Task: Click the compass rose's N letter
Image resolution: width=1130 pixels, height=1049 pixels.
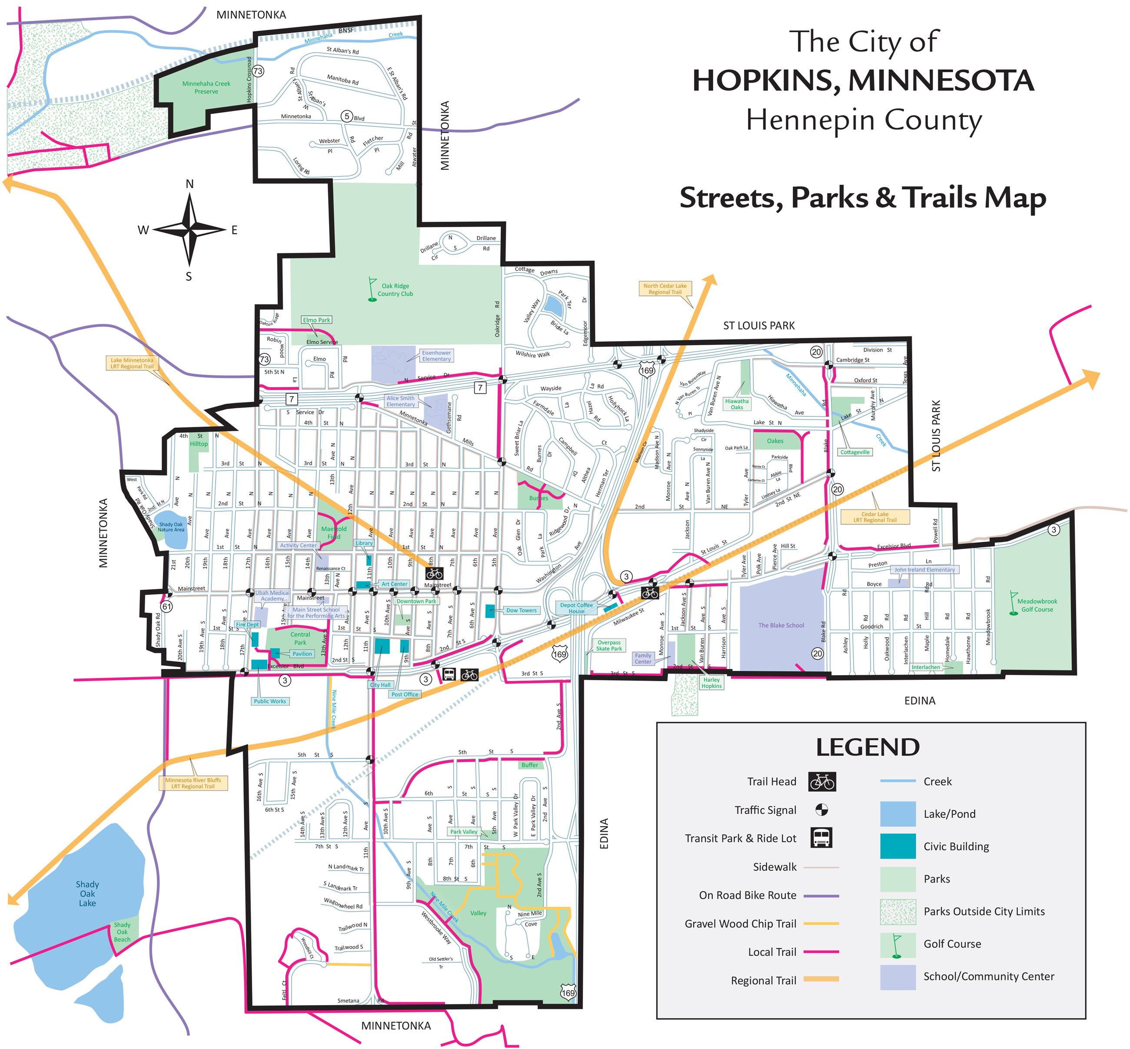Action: (189, 184)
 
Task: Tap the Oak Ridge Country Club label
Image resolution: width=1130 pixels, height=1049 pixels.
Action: (395, 290)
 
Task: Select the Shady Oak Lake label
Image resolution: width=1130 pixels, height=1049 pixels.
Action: (87, 893)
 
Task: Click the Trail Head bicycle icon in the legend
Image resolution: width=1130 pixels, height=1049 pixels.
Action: (821, 782)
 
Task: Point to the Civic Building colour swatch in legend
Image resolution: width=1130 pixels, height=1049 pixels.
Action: (897, 846)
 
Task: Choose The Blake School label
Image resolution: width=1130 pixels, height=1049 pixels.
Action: (781, 626)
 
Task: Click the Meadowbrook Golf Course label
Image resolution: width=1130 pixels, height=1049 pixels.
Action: (1037, 605)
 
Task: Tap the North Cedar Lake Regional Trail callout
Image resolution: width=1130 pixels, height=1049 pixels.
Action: (665, 289)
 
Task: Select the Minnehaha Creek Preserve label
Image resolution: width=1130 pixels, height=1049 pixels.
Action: (206, 87)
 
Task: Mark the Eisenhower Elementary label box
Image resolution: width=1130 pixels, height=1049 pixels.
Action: (436, 356)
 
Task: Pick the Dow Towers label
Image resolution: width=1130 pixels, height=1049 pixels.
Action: (521, 610)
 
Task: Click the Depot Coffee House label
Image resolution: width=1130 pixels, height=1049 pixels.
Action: (576, 608)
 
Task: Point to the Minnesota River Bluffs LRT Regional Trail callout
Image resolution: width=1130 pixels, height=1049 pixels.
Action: (193, 783)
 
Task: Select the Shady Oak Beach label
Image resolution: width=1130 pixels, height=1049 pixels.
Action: (122, 932)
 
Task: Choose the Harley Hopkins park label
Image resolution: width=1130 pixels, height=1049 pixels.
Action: (711, 683)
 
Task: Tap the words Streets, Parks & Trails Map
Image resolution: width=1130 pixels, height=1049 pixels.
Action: (862, 198)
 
